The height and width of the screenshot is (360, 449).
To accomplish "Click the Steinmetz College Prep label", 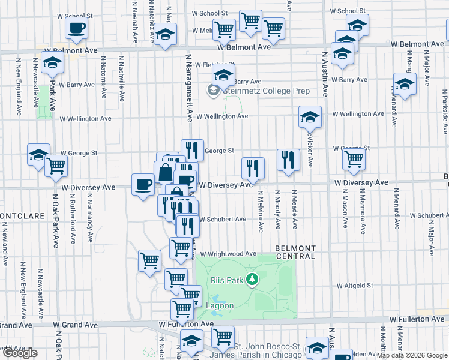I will (x=258, y=91).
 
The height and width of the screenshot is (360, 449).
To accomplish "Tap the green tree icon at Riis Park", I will (x=253, y=279).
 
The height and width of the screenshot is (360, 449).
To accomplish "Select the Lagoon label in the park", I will (x=220, y=305).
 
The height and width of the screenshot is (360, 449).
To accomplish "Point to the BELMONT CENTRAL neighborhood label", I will (x=295, y=252).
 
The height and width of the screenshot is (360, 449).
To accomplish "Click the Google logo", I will (x=20, y=353).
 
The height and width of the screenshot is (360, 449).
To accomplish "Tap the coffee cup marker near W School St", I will (x=76, y=28).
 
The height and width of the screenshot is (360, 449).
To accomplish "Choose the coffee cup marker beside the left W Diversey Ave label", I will (x=143, y=184).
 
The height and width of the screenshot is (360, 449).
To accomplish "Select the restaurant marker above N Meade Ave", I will (x=288, y=160).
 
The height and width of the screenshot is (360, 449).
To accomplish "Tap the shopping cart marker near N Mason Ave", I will (x=354, y=159).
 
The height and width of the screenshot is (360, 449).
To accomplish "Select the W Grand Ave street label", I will (x=75, y=325).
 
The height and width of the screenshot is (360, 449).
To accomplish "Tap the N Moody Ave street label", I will (x=278, y=210).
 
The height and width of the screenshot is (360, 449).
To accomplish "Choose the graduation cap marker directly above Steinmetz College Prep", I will (x=223, y=76).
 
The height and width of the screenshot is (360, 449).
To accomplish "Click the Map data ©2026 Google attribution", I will (x=412, y=355).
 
